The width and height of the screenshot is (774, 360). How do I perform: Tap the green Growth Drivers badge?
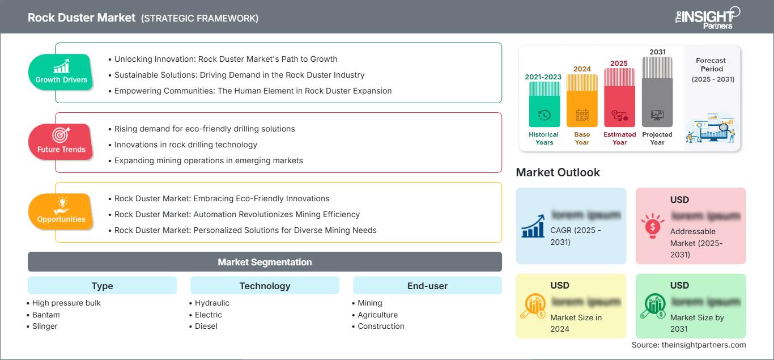pos(61,73)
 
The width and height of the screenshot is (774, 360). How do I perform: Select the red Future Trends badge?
pos(61,142)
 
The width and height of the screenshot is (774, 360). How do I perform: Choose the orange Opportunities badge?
pos(61,211)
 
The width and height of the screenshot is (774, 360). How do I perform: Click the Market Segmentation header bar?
pos(265,262)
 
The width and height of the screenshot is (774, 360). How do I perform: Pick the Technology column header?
pos(265,286)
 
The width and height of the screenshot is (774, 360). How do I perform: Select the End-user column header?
pos(427,286)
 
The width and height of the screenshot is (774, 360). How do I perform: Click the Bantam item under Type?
pos(46,315)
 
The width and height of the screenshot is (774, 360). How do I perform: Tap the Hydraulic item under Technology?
pos(212,303)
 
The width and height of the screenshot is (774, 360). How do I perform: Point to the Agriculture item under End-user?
pos(377,315)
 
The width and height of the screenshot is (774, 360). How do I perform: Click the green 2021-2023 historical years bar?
pos(544,104)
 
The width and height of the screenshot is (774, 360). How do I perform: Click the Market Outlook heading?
pos(558,172)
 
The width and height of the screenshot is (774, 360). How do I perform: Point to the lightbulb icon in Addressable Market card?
pos(653,226)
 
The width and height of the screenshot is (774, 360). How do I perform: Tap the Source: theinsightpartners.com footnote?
pos(688,345)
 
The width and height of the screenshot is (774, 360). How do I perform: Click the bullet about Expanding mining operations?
pos(209,160)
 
